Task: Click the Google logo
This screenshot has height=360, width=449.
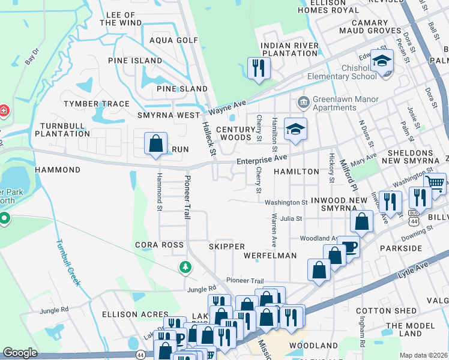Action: point(20,353)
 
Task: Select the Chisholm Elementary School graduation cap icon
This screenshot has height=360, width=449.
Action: point(381,61)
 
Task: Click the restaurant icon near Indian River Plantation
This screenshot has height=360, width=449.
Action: point(258,67)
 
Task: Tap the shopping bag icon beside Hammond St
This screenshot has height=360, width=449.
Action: point(155,144)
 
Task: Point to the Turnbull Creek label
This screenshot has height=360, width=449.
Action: point(68,262)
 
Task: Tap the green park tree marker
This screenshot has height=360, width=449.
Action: point(186,266)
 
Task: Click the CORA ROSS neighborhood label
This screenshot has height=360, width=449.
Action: point(159,245)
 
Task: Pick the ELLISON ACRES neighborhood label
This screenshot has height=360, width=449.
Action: point(135,314)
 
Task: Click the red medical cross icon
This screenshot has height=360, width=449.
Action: point(3,111)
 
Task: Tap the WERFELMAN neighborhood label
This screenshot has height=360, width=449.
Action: point(270,256)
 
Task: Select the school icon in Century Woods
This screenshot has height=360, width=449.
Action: point(295,129)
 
